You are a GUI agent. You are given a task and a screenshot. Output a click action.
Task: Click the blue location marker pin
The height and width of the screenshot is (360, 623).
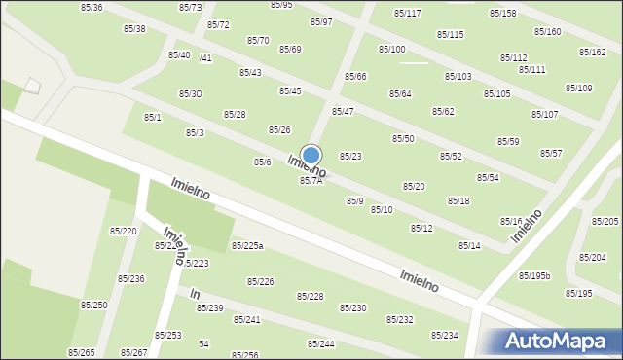tap(311, 156)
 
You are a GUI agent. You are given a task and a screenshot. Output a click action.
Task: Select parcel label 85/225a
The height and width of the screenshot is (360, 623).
tap(247, 246)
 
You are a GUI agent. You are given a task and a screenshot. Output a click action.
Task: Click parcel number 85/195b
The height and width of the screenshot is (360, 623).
tap(534, 276)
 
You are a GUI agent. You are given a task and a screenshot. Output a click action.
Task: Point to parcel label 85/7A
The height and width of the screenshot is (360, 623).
tap(310, 181)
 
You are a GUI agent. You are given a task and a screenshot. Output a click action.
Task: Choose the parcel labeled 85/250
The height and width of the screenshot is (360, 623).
tap(93, 306)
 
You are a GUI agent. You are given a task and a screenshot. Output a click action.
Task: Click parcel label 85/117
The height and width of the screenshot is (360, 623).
tap(407, 14)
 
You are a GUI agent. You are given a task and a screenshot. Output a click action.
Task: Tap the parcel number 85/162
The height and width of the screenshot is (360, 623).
tap(592, 53)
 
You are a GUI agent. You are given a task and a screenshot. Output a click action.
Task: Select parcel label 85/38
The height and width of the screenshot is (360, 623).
tap(134, 29)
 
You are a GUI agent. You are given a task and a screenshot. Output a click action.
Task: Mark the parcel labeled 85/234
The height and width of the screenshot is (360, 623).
tap(444, 336)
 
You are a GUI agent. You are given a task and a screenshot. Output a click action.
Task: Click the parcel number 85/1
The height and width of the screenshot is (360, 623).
tap(153, 118)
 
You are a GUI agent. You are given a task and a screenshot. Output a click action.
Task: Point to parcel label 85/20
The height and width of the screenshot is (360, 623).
tap(414, 186)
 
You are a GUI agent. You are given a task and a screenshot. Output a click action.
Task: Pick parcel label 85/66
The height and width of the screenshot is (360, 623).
tap(355, 77)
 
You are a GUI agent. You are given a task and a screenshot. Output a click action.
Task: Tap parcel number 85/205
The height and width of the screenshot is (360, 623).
tap(605, 222)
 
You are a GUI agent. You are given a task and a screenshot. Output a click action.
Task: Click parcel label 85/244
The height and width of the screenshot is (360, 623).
tap(321, 344)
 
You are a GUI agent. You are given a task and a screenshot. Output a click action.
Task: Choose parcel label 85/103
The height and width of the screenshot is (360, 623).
tap(458, 77)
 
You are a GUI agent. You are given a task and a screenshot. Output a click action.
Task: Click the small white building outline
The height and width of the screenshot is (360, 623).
tap(32, 86)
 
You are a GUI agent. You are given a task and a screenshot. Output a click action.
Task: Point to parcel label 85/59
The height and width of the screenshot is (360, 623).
tap(508, 142)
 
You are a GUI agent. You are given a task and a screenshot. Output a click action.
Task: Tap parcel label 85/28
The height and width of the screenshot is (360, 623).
tap(235, 115)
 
